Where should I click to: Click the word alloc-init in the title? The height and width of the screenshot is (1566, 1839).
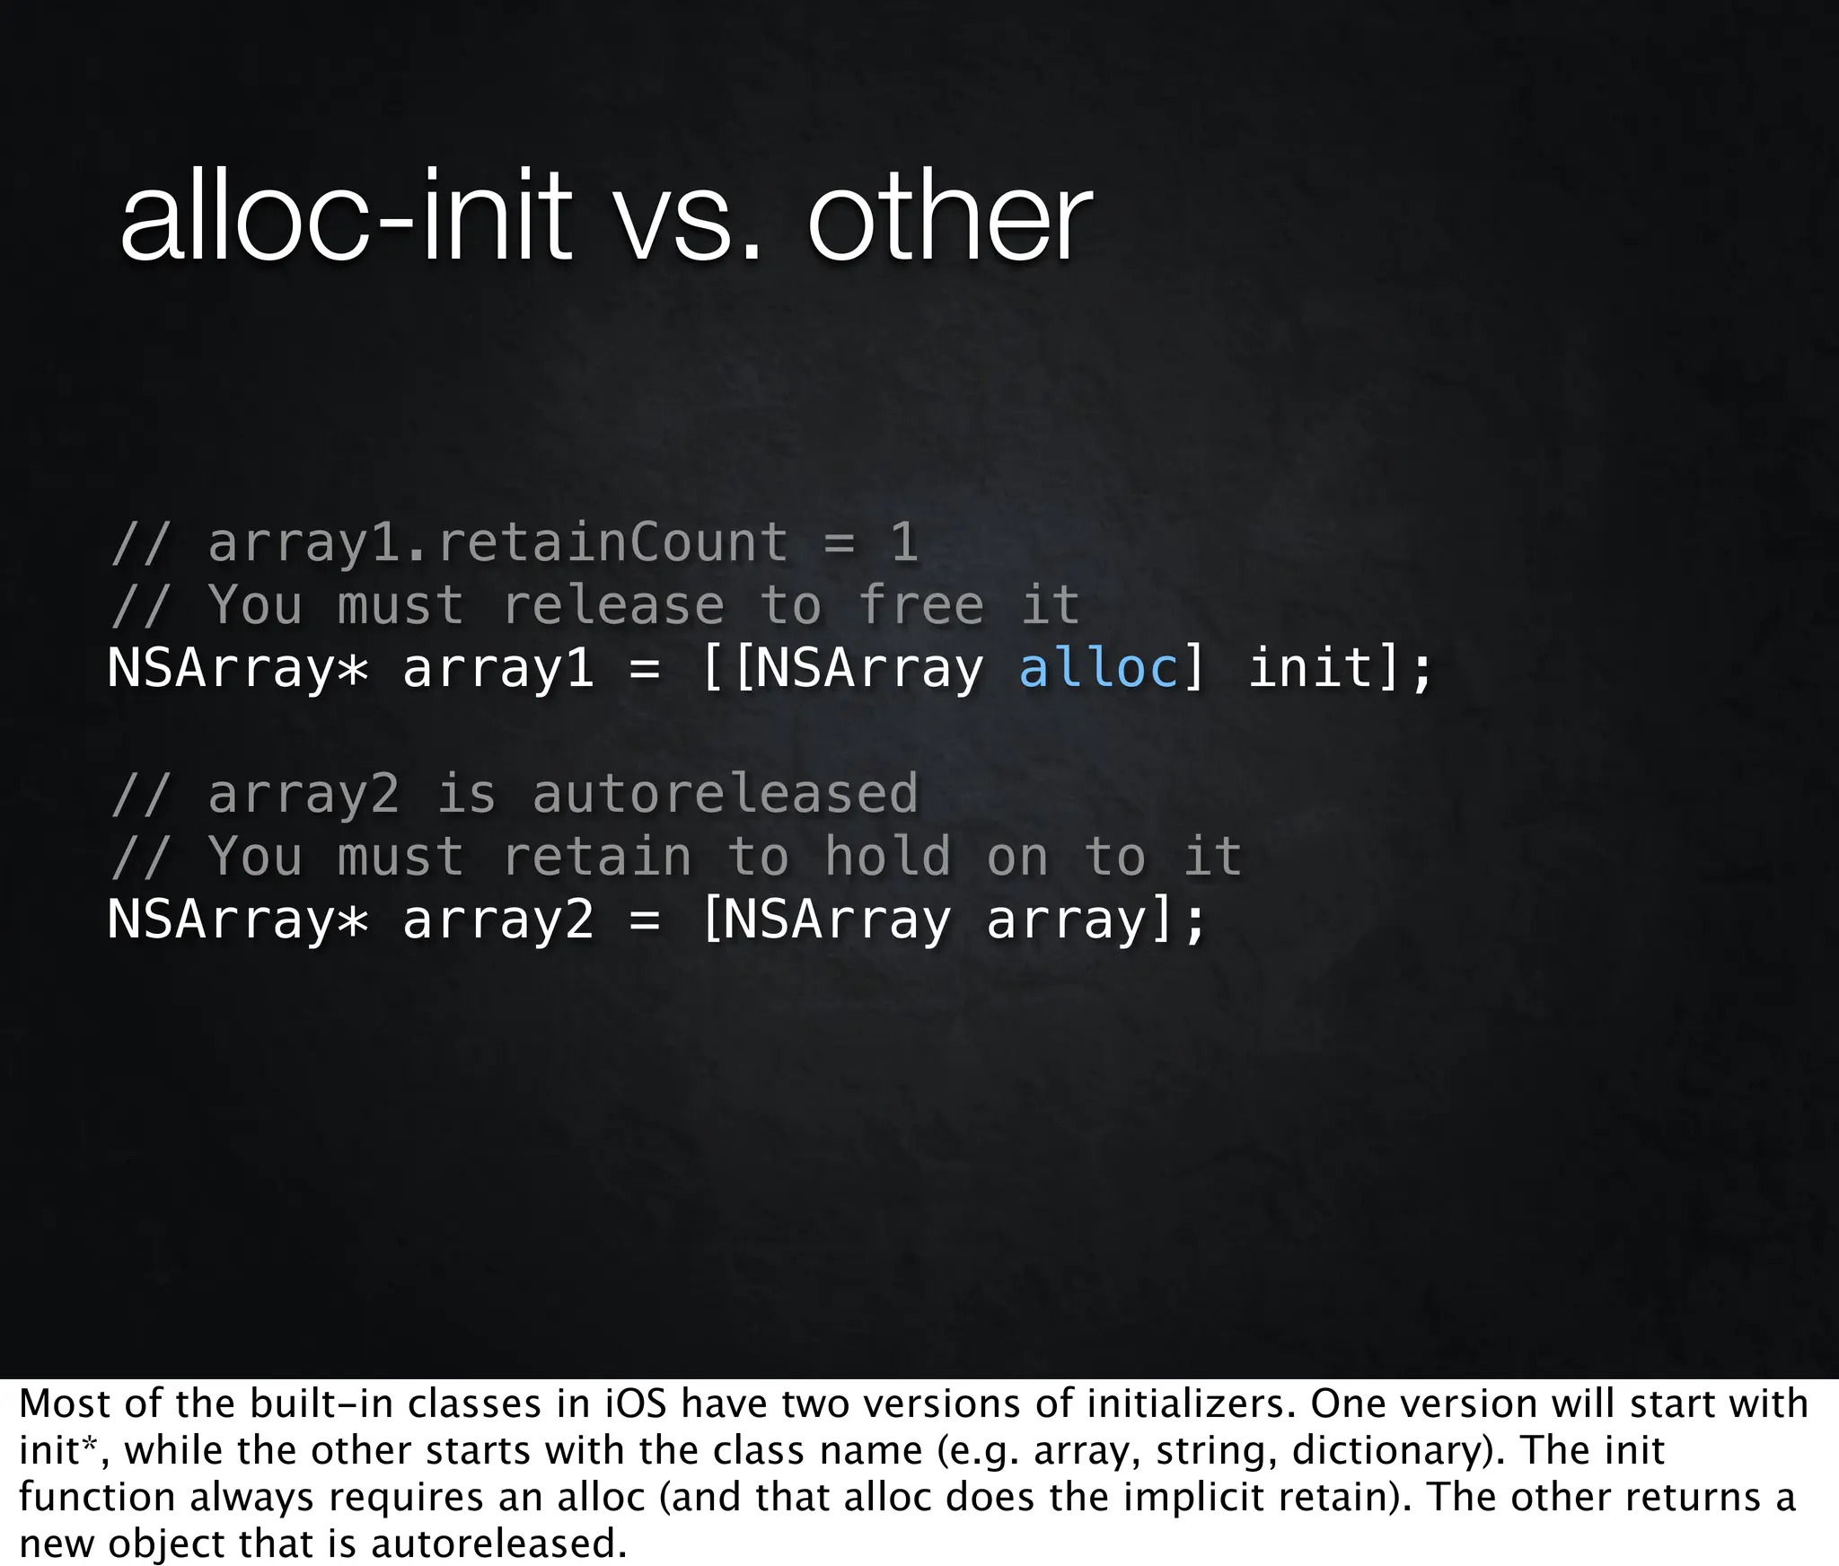tap(346, 217)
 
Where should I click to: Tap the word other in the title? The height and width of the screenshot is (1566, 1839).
tap(949, 217)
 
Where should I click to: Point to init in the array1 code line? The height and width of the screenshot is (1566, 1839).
tap(1311, 668)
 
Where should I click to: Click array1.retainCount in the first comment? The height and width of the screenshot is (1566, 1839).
tap(498, 543)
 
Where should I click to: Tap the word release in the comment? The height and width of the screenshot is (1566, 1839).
tap(613, 605)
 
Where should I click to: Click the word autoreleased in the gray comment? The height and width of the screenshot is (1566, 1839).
tap(726, 795)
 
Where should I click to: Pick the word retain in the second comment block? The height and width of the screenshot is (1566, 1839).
tap(597, 857)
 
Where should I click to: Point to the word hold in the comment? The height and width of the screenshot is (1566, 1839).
tap(888, 857)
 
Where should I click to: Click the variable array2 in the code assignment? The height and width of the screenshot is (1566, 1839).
tap(498, 920)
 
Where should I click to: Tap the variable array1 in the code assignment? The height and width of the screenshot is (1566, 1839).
tap(498, 668)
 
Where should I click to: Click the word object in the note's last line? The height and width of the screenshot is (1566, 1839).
tap(167, 1544)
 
